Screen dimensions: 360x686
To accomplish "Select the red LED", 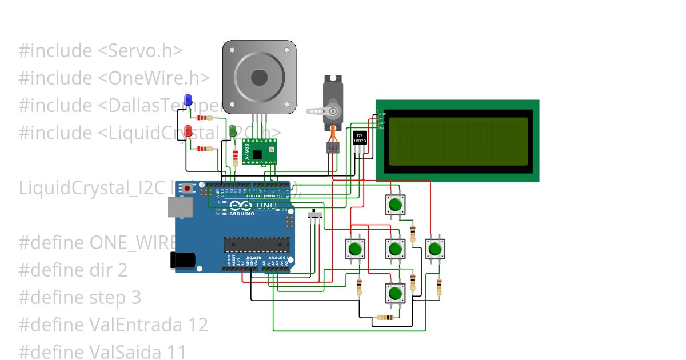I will (x=188, y=131).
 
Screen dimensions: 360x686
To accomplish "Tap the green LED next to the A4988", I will (x=233, y=131).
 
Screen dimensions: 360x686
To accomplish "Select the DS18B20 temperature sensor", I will (x=360, y=139).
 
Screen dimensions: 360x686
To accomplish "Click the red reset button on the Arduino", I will (x=188, y=188).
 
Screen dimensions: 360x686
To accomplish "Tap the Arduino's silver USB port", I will (x=180, y=208).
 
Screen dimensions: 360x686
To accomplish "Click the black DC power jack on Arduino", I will (x=182, y=260).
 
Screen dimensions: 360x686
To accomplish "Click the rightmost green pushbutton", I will (x=434, y=249).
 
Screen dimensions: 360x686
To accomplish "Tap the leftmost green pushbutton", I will (x=354, y=249).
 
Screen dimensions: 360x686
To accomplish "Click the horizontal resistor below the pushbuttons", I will (x=385, y=318).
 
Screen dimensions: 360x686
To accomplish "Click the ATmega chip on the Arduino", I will (x=256, y=245).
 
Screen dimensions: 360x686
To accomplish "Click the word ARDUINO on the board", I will (x=242, y=213).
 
